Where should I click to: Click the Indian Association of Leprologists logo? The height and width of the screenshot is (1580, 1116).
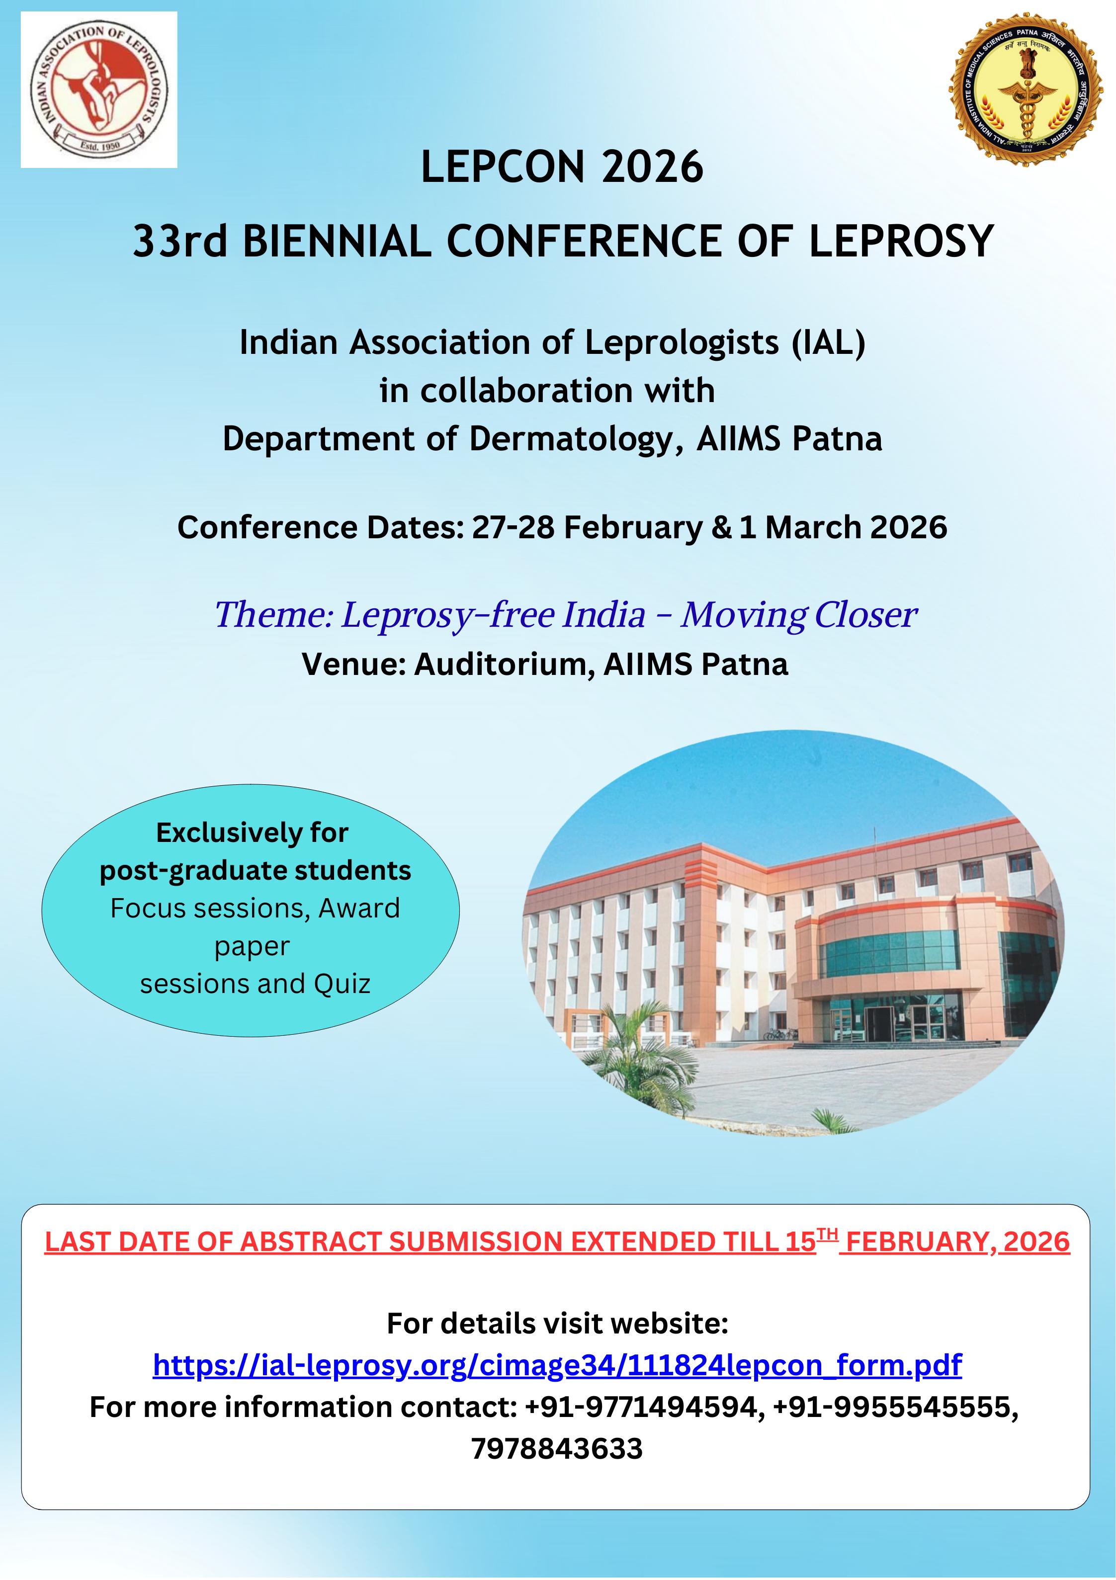point(99,89)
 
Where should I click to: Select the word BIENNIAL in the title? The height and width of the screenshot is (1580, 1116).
point(337,242)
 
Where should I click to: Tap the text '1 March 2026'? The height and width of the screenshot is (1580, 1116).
point(844,528)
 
